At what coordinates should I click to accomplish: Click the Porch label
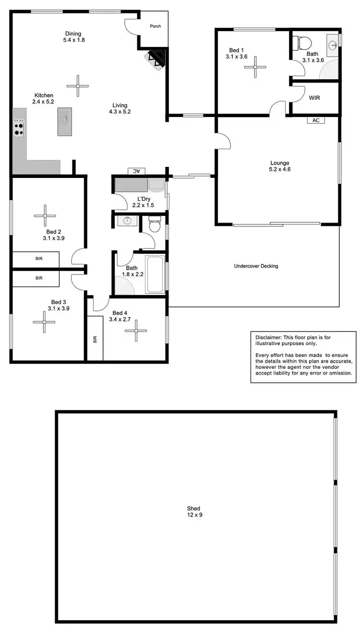click(155, 26)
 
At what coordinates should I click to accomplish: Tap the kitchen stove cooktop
click(19, 127)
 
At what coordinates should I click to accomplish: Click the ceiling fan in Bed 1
click(255, 66)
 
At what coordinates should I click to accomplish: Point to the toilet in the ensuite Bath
click(303, 44)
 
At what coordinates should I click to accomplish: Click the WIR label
click(314, 98)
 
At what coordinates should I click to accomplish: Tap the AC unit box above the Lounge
click(316, 120)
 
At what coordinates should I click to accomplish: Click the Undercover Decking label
click(256, 266)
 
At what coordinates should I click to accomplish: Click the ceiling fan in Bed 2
click(45, 216)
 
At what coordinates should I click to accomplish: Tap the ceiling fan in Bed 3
click(44, 322)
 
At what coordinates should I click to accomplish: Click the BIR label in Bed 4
click(95, 339)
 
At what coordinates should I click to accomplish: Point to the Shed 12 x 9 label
click(193, 511)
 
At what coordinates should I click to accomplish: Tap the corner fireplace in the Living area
click(156, 59)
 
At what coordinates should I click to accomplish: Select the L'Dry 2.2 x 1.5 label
click(143, 202)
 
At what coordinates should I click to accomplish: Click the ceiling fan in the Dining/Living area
click(77, 86)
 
